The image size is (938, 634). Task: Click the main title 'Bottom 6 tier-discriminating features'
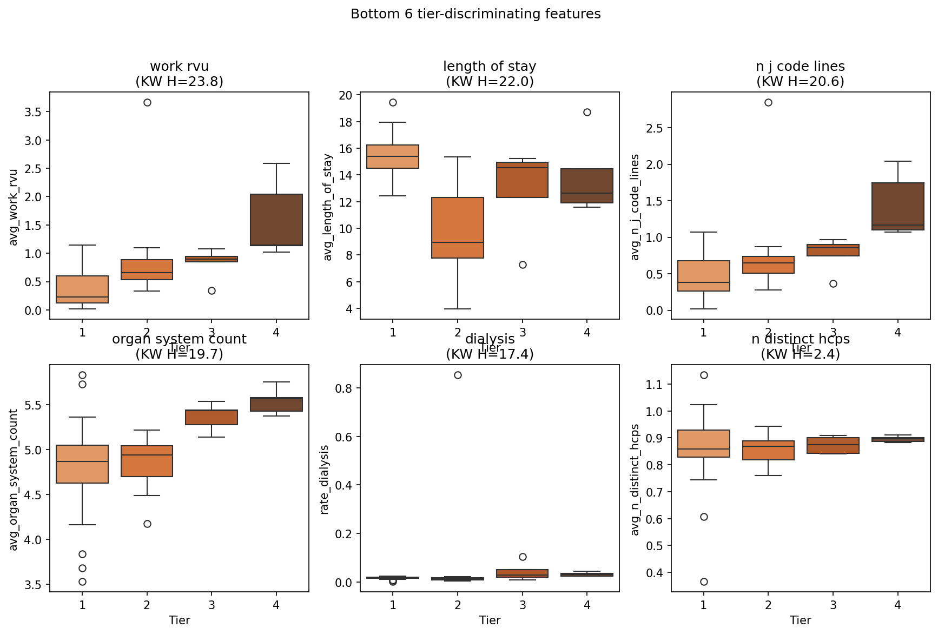coord(475,14)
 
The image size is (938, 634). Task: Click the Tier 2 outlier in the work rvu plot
coord(147,102)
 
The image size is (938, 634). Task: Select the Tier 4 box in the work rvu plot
coord(276,220)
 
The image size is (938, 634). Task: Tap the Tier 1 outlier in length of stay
coord(393,102)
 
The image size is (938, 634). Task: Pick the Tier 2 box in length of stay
coord(458,227)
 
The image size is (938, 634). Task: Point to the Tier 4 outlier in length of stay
coord(587,112)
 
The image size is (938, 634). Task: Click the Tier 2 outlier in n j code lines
coord(768,102)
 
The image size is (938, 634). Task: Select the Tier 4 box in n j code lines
coord(897,206)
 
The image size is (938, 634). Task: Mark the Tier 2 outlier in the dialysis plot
coord(458,375)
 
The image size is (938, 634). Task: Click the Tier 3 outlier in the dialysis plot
coord(523,557)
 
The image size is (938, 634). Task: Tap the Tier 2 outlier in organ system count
coord(147,524)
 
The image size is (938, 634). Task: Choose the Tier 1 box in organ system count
coord(82,464)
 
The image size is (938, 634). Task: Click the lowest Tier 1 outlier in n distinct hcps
coord(704,582)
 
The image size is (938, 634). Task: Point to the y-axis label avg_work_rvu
coord(14,207)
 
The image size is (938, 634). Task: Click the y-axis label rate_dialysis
coord(325,479)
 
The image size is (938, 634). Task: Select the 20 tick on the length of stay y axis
coord(346,96)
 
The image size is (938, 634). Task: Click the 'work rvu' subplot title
coord(179,67)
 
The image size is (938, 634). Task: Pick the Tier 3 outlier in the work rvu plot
coord(212,290)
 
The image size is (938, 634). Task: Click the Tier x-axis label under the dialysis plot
coord(490,620)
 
